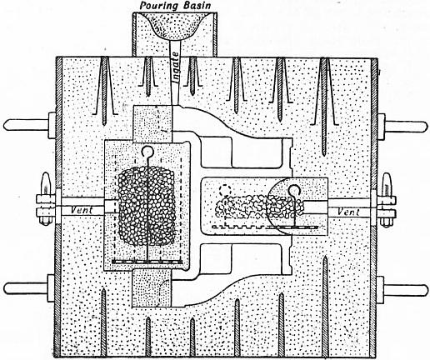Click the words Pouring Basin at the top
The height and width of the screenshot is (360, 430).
tap(175, 6)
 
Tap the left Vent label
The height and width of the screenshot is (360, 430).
tap(82, 210)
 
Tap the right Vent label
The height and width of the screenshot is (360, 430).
tap(348, 212)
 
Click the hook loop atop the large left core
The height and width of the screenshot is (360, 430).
tap(147, 152)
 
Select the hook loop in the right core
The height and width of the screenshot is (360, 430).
tap(294, 191)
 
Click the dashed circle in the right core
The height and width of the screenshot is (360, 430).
tap(225, 190)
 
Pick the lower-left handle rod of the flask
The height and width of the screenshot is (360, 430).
tap(30, 289)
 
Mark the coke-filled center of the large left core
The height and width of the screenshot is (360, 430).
tap(147, 206)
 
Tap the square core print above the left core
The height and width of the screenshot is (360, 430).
tap(152, 123)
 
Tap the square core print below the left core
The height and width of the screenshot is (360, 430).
tap(152, 288)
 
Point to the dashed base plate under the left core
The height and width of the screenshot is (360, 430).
tap(147, 262)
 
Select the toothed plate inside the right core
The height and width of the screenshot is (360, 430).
tap(265, 227)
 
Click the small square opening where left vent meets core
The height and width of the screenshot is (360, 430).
tap(109, 207)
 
